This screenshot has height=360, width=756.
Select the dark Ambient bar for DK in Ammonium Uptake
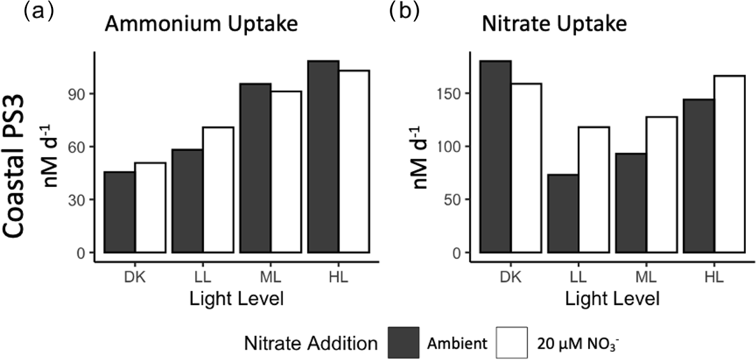click(x=119, y=212)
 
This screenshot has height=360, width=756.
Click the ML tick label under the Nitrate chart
click(x=644, y=276)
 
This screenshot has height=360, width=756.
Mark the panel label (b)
click(x=403, y=12)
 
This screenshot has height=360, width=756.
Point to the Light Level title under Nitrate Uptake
click(x=612, y=297)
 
